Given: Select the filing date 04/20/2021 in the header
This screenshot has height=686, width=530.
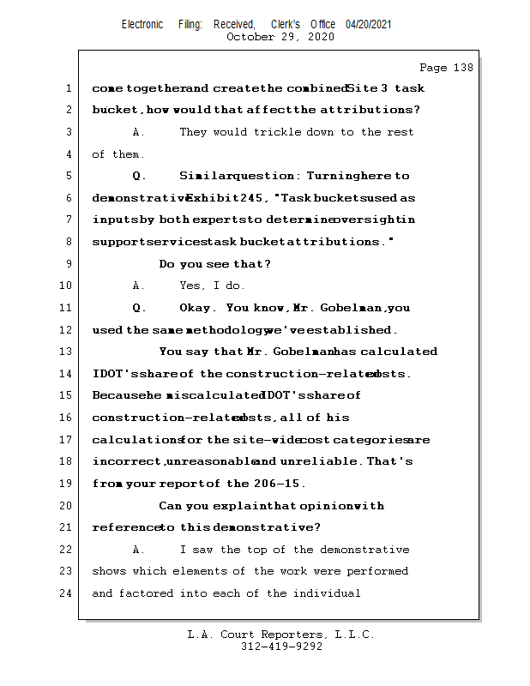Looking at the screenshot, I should click(369, 24).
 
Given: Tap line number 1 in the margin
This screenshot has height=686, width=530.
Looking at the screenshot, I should click(67, 88).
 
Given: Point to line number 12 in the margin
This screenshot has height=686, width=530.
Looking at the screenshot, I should click(65, 330).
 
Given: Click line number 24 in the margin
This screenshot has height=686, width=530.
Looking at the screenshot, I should click(65, 593).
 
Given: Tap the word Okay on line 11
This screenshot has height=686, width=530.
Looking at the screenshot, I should click(197, 308).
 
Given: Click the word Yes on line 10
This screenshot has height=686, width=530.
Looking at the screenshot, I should click(190, 286).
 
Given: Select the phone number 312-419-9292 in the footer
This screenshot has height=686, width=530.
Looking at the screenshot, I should click(281, 647).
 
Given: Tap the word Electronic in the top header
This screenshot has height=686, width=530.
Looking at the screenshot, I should click(142, 24).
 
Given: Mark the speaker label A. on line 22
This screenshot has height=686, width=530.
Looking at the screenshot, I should click(139, 550).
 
